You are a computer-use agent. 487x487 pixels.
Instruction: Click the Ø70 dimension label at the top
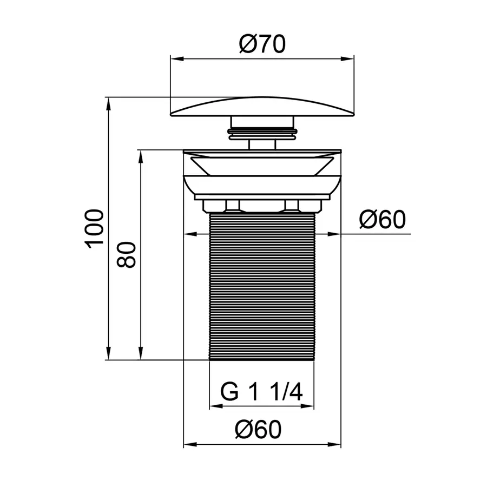click(262, 45)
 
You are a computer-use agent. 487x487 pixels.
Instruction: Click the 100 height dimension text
click(95, 227)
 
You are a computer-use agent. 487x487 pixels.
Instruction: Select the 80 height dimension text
click(127, 254)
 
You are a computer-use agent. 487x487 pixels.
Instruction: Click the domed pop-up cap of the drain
click(262, 106)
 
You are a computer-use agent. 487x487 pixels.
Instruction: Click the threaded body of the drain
click(262, 287)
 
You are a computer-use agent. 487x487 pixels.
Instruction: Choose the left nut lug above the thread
click(233, 206)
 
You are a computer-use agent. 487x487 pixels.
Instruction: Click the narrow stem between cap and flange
click(262, 144)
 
